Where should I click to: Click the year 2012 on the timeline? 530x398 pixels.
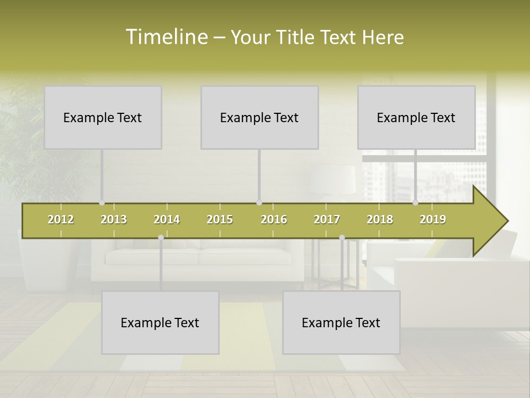pos(61,219)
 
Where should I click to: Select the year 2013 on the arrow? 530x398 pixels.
pos(114,219)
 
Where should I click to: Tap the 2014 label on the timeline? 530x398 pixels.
pos(167,219)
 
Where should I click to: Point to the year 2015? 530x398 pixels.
pos(220,219)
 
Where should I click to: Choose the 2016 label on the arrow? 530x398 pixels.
pos(274,219)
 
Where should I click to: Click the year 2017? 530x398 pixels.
pos(327,219)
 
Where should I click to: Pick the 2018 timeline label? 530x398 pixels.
pos(380,219)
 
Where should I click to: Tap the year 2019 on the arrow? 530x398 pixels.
pos(433,219)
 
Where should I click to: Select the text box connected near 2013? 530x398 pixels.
pos(103,117)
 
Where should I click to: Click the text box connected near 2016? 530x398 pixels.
pos(259,117)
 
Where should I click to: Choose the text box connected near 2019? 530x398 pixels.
pos(416,117)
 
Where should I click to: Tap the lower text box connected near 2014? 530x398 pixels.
pos(160,322)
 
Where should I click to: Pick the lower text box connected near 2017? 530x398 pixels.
pos(341,322)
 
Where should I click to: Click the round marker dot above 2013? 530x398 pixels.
pos(102,203)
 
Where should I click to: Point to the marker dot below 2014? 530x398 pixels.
pos(161,237)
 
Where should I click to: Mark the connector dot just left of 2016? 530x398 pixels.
pos(259,203)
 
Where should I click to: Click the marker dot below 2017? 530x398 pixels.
pos(342,237)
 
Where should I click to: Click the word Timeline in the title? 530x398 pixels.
pos(166,37)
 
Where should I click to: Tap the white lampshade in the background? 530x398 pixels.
pos(333,180)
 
